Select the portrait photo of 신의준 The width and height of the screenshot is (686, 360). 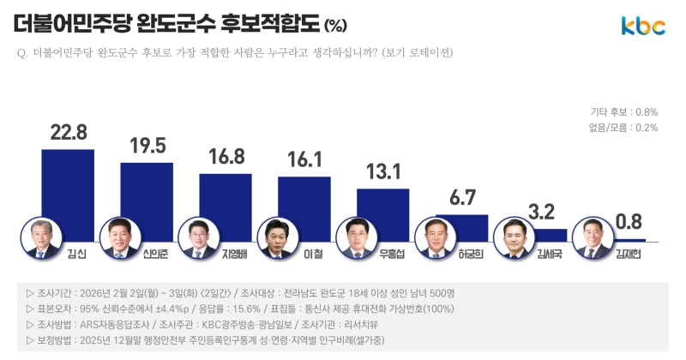pyautogui.click(x=118, y=238)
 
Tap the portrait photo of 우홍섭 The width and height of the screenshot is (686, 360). pyautogui.click(x=355, y=238)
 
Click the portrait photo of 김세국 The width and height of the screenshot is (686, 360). pyautogui.click(x=514, y=238)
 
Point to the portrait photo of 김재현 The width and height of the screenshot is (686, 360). pyautogui.click(x=593, y=238)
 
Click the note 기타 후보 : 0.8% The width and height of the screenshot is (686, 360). pyautogui.click(x=623, y=112)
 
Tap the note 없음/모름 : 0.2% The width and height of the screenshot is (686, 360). pyautogui.click(x=623, y=128)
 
